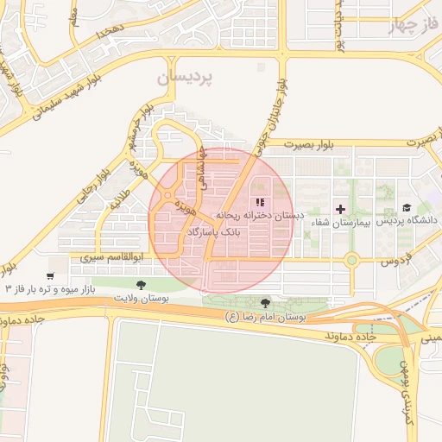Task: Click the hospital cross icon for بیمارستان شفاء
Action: pos(341,209)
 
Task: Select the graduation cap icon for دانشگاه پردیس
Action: pos(406,209)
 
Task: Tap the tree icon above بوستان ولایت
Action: pos(141,284)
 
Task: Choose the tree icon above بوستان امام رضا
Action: pos(264,303)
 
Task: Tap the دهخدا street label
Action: pos(111,31)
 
